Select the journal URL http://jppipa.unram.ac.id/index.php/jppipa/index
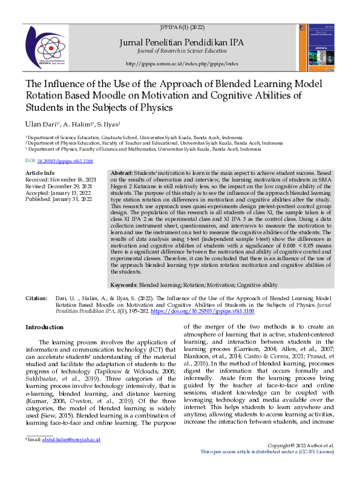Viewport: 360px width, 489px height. point(182,64)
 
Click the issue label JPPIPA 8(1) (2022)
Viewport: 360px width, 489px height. point(182,28)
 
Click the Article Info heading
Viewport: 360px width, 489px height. point(41,173)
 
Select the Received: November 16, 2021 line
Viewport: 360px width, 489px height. point(61,180)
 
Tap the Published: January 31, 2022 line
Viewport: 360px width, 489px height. point(58,198)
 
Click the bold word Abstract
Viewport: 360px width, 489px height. point(122,173)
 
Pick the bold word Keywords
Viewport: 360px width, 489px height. point(124,284)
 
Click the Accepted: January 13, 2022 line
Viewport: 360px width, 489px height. point(57,192)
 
